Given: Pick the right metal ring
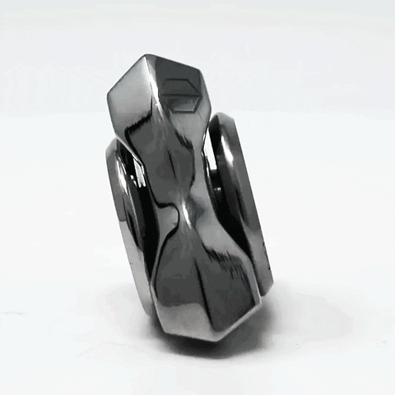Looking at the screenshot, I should click(x=243, y=197).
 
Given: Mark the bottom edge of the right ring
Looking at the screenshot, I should click(x=265, y=288).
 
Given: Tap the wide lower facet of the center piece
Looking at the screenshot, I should click(x=202, y=280).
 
